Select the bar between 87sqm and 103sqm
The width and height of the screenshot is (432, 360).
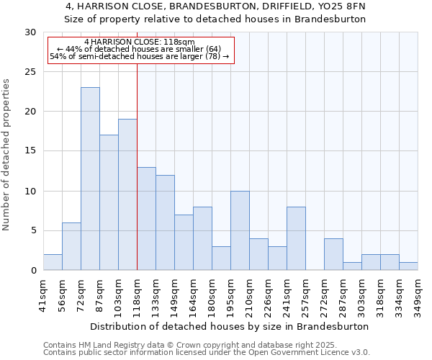click(x=109, y=202)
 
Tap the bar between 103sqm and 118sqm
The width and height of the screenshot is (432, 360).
click(x=127, y=194)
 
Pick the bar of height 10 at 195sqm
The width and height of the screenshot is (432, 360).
click(x=240, y=230)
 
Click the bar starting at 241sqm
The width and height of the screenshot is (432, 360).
click(x=296, y=238)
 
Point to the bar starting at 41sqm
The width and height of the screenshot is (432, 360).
click(x=53, y=262)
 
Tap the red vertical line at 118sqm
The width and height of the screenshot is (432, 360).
click(x=137, y=180)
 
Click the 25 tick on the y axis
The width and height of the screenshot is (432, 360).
click(x=31, y=72)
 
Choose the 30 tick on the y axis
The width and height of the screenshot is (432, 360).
click(x=31, y=32)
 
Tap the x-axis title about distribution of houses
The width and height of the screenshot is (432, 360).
click(x=230, y=326)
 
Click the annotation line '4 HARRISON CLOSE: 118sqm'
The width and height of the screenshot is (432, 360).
click(x=139, y=42)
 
